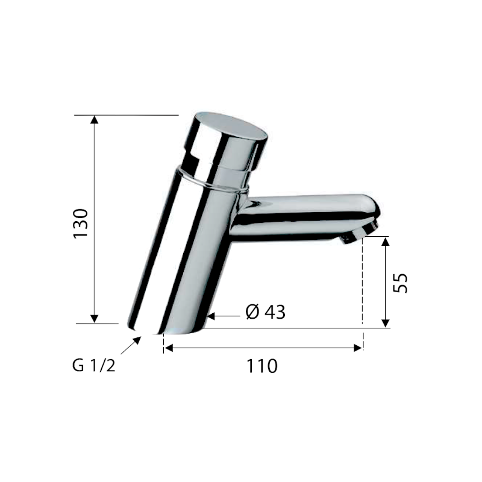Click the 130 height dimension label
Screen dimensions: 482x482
click(81, 223)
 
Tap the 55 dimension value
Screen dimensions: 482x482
click(400, 283)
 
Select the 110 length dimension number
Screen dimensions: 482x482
click(262, 366)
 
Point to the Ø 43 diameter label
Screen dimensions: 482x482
click(266, 312)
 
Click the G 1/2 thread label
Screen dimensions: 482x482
click(94, 366)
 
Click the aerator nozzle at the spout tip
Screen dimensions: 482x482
click(360, 233)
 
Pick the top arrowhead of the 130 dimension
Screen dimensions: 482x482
click(95, 119)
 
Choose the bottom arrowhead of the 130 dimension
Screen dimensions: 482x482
click(95, 319)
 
